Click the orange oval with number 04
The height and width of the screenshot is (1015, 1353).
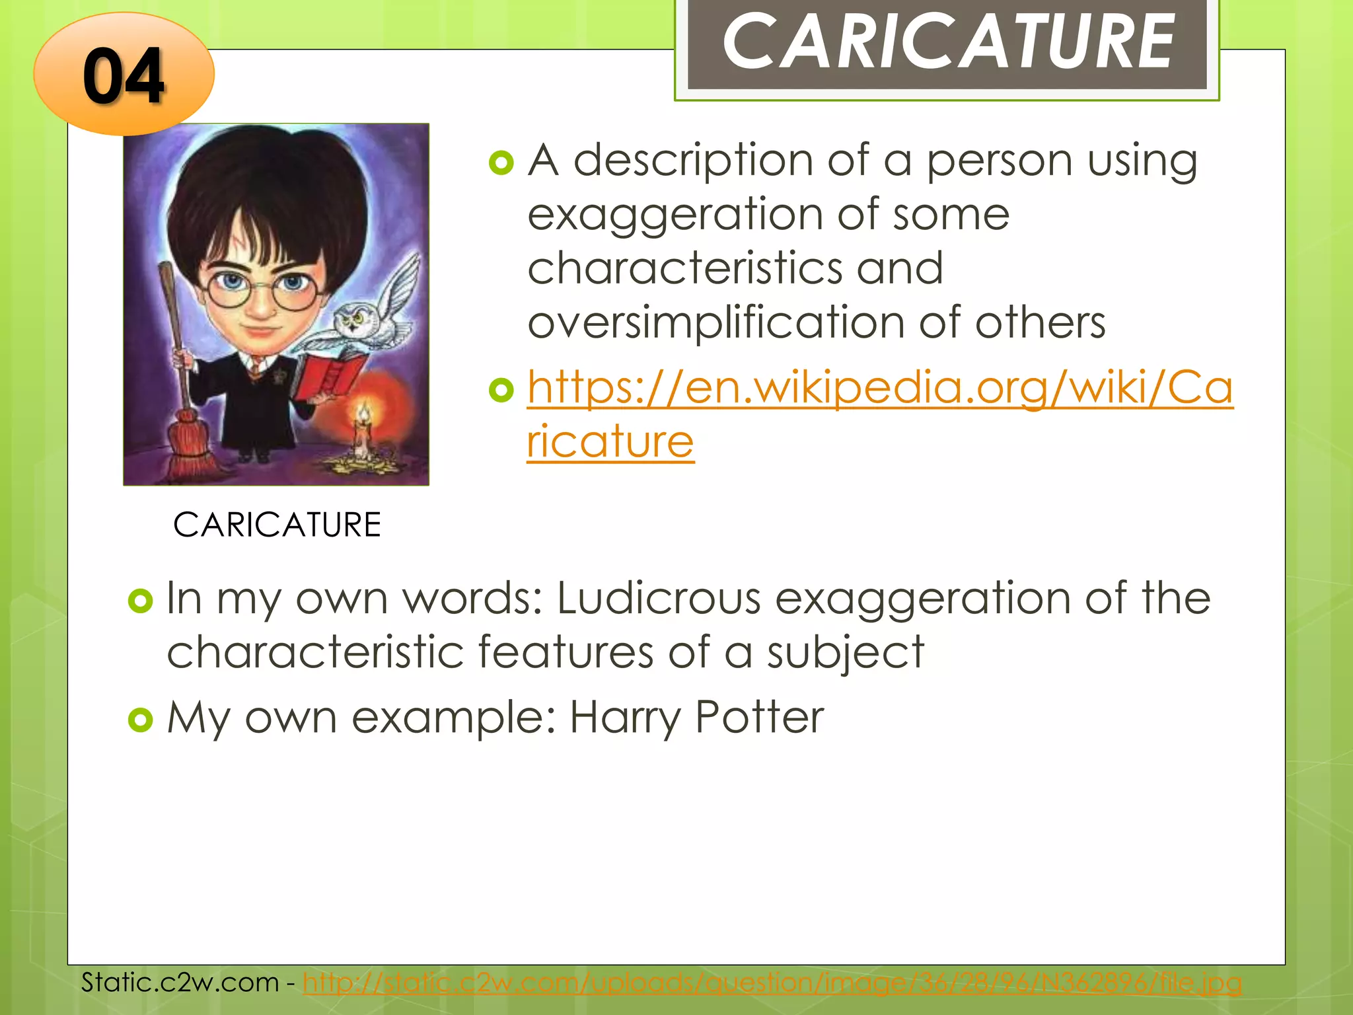pos(124,75)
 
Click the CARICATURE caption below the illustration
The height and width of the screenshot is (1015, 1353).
pos(277,525)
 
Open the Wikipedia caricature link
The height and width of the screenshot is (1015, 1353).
pos(879,388)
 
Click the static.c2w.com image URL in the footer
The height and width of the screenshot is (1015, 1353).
pos(772,983)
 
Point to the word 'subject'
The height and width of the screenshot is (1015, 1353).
pos(845,653)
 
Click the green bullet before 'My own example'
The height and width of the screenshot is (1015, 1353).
pos(140,719)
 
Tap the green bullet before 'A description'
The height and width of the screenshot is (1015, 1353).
pos(501,163)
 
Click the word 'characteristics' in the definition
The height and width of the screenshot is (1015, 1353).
pos(684,270)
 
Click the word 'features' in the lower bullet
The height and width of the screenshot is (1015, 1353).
pos(565,653)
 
